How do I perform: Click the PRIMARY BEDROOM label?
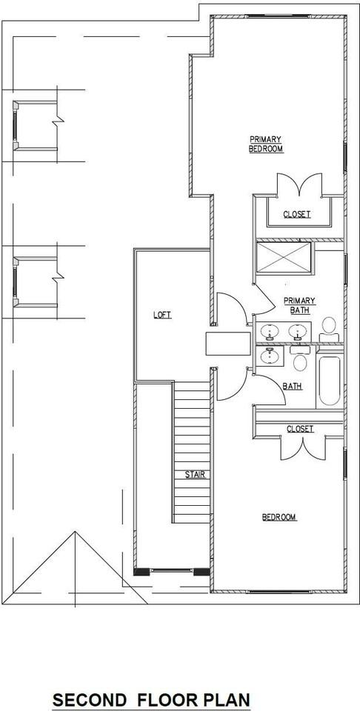pyautogui.click(x=265, y=144)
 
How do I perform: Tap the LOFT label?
pyautogui.click(x=161, y=315)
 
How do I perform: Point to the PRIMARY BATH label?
pyautogui.click(x=300, y=304)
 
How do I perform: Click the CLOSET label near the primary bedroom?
pyautogui.click(x=296, y=215)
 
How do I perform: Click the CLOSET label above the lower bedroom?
pyautogui.click(x=299, y=429)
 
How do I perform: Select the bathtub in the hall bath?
pyautogui.click(x=329, y=381)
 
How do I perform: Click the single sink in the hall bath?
pyautogui.click(x=270, y=357)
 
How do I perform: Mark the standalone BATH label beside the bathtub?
pyautogui.click(x=292, y=386)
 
